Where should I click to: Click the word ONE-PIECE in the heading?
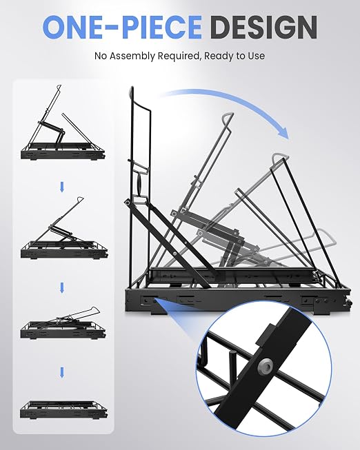coord(122,27)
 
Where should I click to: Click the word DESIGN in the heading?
coord(263,27)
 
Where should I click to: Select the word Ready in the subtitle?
coord(216,56)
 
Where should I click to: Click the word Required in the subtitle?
coord(179,56)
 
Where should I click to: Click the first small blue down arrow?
coord(62,187)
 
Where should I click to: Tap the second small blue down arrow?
coord(62,287)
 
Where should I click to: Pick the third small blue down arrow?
coord(62,372)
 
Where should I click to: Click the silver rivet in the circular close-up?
coord(265,366)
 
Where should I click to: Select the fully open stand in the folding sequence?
coord(63,123)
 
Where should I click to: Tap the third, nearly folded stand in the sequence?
coord(63,323)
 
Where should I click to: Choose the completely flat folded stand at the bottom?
coord(63,410)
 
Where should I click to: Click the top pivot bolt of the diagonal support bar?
coord(127,203)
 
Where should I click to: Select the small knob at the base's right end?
coord(349,303)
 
